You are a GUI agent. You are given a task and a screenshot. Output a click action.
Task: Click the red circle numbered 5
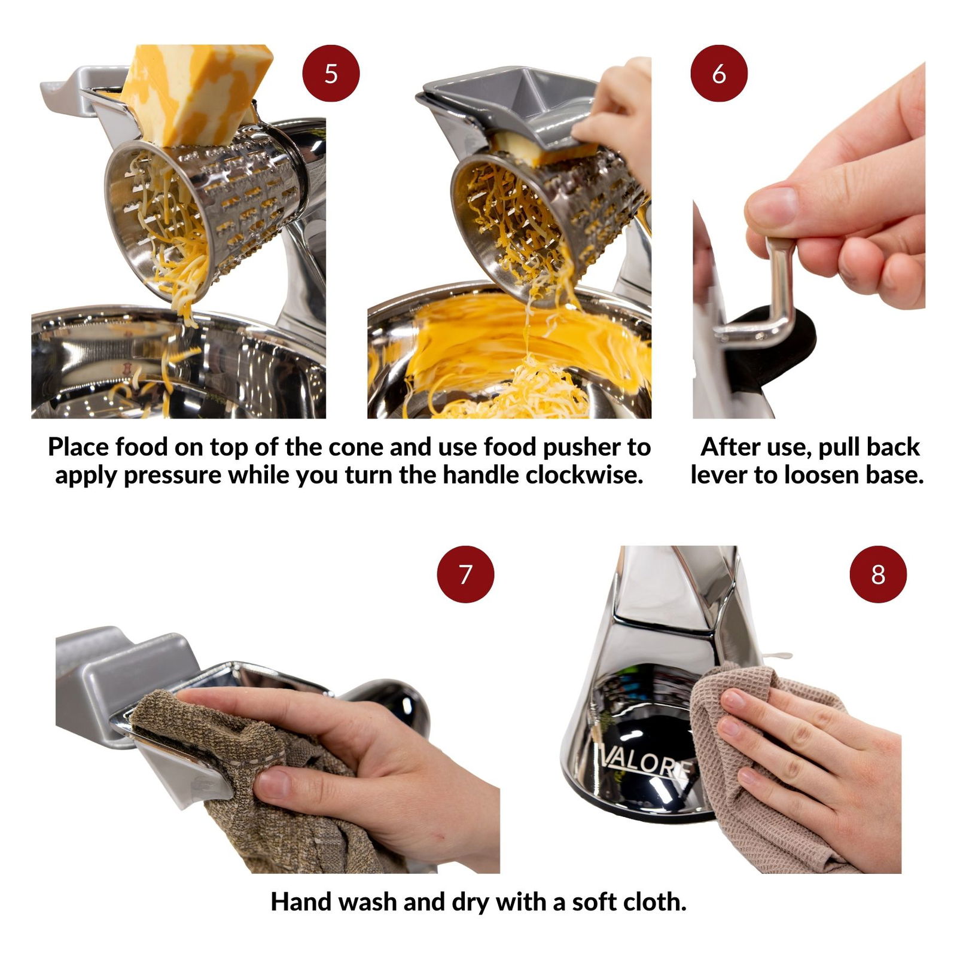tap(331, 74)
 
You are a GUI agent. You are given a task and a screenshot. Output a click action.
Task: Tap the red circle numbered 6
tap(719, 74)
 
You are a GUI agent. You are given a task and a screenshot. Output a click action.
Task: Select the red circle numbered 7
tap(465, 574)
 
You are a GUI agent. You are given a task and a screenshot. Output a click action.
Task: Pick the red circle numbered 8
tap(878, 574)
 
